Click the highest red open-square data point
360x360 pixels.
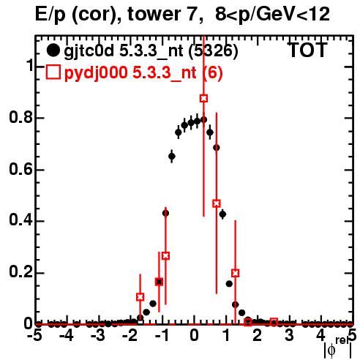coord(204,98)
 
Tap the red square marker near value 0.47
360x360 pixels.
coord(217,203)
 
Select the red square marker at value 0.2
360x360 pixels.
coord(235,273)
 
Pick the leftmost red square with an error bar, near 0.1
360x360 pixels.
coord(140,297)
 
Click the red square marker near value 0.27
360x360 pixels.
coord(165,256)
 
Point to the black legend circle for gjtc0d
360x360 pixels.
coord(53,50)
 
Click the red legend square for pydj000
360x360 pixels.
coord(53,72)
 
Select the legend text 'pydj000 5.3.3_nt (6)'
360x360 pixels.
coord(143,72)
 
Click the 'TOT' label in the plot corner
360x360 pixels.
coord(307,50)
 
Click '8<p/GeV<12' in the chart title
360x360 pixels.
coord(273,15)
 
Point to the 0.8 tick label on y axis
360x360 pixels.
coord(21,118)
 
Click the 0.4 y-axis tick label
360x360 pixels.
coord(21,221)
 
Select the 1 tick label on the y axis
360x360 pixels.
coord(29,66)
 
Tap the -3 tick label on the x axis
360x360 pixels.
coord(97,336)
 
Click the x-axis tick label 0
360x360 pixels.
coord(194,336)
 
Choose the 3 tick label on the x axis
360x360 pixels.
coord(289,336)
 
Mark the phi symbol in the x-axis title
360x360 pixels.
coord(331,350)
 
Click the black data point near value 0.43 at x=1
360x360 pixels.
coord(222,214)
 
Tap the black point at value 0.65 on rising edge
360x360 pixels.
coord(172,156)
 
